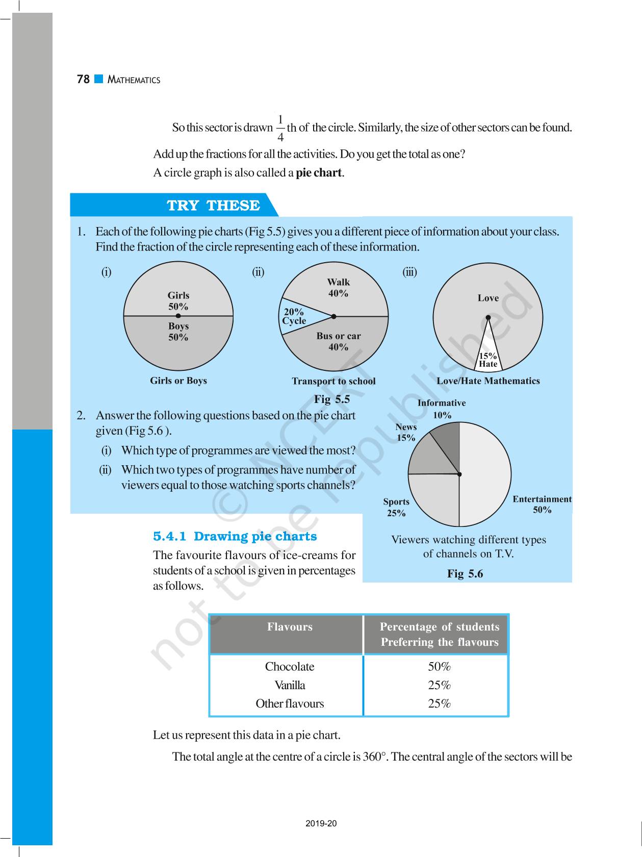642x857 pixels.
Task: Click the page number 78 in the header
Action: (x=83, y=80)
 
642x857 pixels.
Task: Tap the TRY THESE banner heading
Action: (x=213, y=205)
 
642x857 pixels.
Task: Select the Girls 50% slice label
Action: (x=178, y=301)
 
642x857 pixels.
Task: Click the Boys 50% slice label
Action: (x=178, y=332)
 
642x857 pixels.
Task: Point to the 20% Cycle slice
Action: (x=294, y=316)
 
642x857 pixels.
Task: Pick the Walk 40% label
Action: (x=338, y=288)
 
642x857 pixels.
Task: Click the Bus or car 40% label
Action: (x=338, y=341)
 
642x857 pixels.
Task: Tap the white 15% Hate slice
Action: (x=488, y=360)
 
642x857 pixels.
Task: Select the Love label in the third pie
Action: (x=488, y=298)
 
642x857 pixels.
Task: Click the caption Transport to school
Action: (x=333, y=381)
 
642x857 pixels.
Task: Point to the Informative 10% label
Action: (x=442, y=409)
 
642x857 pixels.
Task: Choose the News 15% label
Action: (x=406, y=432)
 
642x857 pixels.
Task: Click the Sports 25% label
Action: (x=396, y=507)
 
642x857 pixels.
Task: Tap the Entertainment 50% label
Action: (x=542, y=504)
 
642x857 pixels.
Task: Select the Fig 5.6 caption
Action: (x=465, y=574)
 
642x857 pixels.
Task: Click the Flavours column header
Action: (x=290, y=627)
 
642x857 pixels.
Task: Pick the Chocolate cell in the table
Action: (x=290, y=667)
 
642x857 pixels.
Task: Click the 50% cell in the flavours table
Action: (x=439, y=667)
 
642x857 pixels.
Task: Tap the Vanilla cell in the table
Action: (x=290, y=685)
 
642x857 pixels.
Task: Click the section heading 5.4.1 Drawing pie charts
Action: (x=235, y=536)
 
